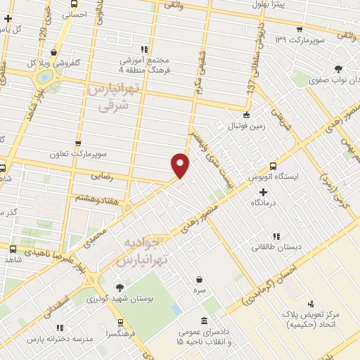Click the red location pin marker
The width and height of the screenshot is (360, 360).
(x=181, y=165)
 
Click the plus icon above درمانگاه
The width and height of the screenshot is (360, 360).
(x=264, y=192)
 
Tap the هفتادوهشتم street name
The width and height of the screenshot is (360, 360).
(x=92, y=200)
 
